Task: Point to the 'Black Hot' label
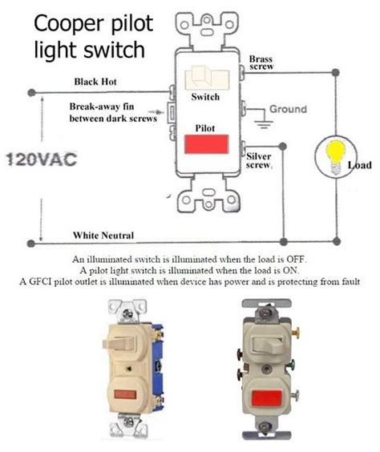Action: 98,82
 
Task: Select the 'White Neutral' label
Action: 103,235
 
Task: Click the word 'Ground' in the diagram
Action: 289,108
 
